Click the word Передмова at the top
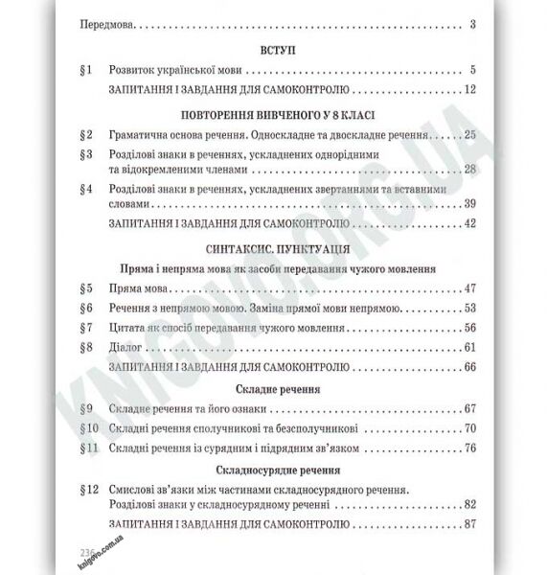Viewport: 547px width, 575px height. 106,25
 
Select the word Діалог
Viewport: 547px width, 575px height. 129,348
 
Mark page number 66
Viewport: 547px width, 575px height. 469,367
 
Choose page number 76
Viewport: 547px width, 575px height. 469,448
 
